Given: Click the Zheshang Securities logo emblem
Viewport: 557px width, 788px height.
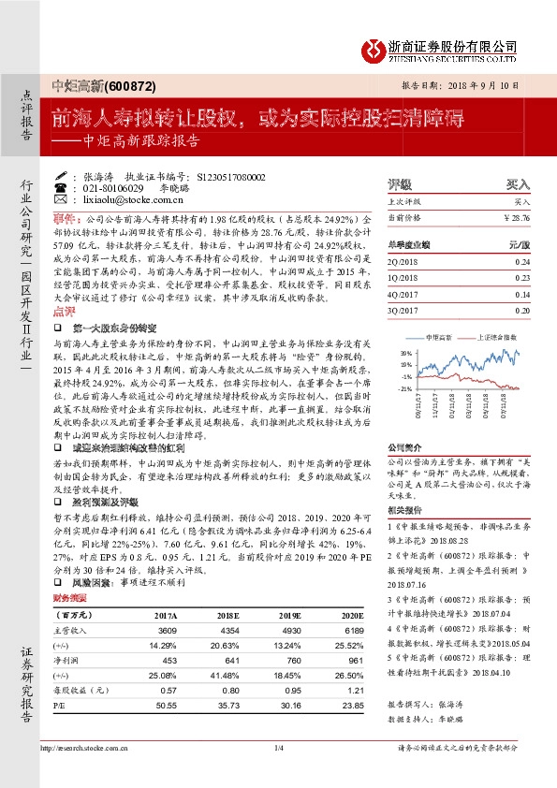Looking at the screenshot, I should click(x=375, y=49).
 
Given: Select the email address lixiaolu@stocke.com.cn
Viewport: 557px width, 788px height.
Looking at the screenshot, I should click(x=122, y=200).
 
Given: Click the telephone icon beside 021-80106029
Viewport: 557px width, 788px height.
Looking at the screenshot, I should click(x=61, y=188).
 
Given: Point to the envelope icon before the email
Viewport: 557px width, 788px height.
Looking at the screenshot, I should click(x=61, y=200).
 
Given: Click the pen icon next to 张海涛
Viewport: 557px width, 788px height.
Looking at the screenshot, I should click(x=61, y=176).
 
